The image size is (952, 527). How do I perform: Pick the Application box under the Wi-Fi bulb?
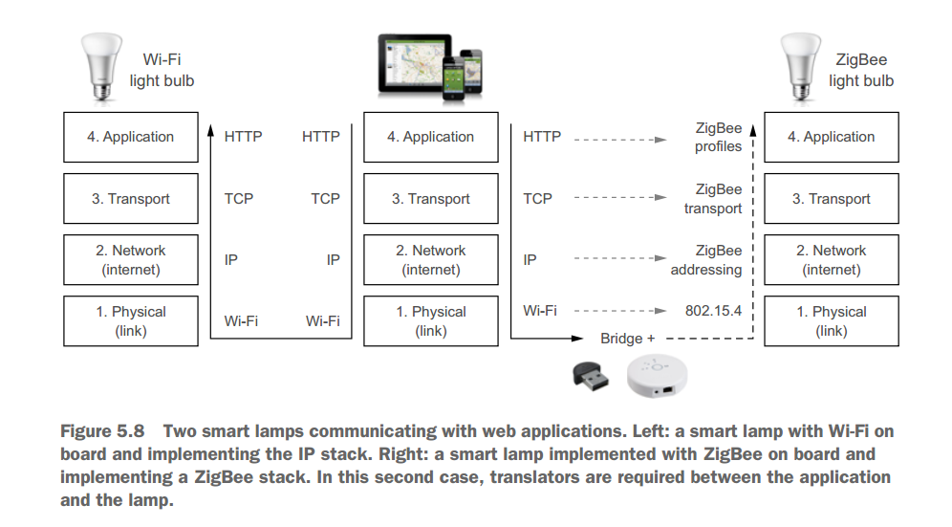click(x=130, y=137)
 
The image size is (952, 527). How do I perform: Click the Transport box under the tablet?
click(x=430, y=199)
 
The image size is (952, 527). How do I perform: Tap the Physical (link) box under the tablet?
click(x=430, y=321)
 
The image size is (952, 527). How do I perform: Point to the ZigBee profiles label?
click(x=718, y=137)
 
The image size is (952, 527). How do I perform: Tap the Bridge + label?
click(x=627, y=339)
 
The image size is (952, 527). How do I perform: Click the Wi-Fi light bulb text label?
click(x=162, y=70)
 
